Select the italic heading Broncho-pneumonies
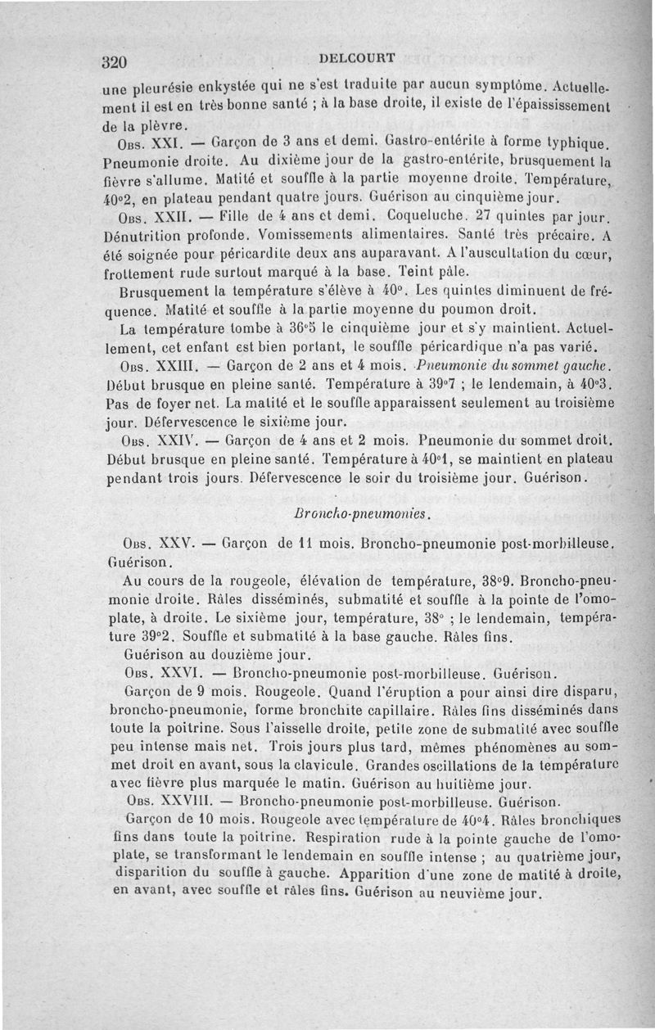click(x=360, y=513)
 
